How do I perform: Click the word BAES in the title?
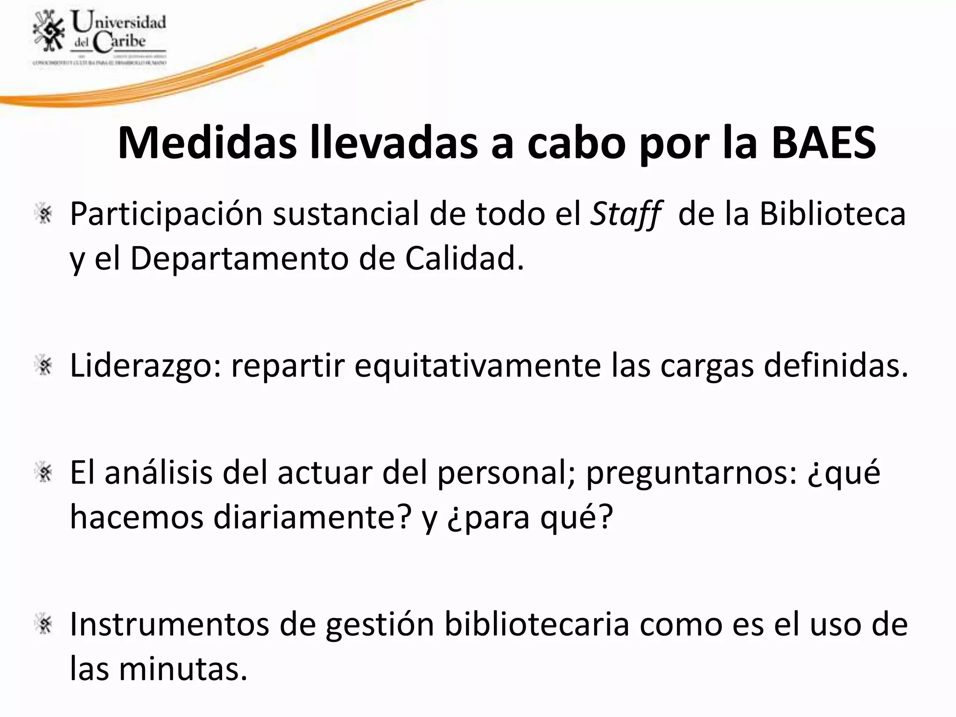coord(823,142)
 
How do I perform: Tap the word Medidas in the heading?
coord(207,142)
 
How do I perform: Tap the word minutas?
coord(183,668)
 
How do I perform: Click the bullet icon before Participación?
coord(45,214)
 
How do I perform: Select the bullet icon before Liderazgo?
coord(45,366)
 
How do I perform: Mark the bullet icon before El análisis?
coord(45,473)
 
